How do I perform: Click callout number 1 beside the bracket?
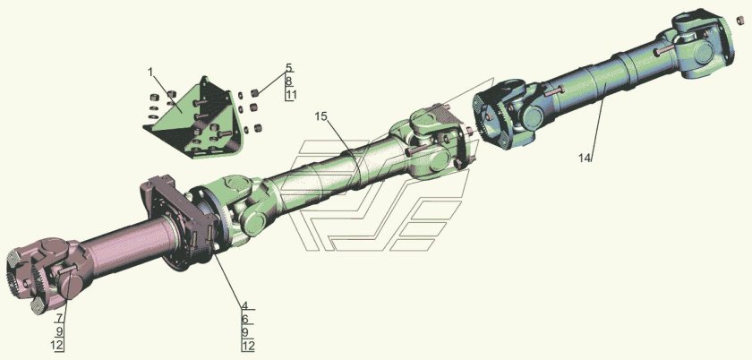[x=150, y=73]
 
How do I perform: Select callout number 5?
[x=288, y=68]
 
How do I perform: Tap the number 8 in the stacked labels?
[x=288, y=81]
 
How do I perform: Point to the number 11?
[x=291, y=95]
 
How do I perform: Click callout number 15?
[x=320, y=116]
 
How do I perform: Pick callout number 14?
[x=584, y=159]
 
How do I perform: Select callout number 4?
[x=244, y=305]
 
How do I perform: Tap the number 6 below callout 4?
[x=244, y=319]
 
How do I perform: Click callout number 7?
[x=59, y=318]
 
